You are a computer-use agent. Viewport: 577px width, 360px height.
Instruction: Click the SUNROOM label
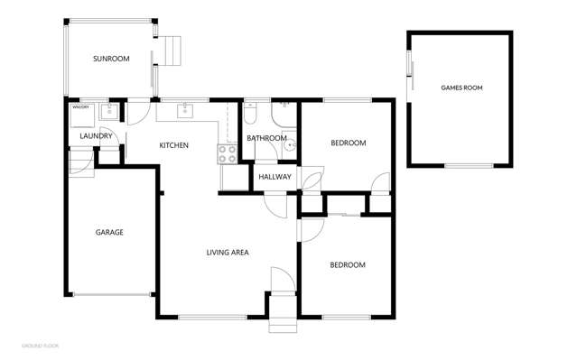click(x=111, y=59)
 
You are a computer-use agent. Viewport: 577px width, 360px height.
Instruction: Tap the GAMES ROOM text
click(x=460, y=88)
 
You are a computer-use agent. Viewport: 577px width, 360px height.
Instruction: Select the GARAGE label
click(x=109, y=232)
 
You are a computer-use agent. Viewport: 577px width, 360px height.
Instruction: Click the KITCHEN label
click(x=173, y=145)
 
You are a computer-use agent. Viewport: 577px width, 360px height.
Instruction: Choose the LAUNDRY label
click(x=96, y=136)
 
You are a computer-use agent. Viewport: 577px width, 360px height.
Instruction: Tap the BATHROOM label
click(x=266, y=138)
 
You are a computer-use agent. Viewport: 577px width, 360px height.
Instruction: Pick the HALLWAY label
click(x=275, y=177)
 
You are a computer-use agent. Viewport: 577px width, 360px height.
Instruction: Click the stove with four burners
click(x=227, y=154)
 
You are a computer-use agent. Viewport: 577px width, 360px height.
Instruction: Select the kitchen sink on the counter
click(x=185, y=111)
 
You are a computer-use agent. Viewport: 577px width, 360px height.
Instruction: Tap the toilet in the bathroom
click(x=250, y=113)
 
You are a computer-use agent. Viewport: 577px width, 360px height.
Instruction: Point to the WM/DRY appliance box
click(x=82, y=113)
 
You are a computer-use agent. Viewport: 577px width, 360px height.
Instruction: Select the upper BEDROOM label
click(x=348, y=143)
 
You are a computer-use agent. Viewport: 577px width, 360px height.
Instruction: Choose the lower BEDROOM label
click(x=348, y=264)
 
